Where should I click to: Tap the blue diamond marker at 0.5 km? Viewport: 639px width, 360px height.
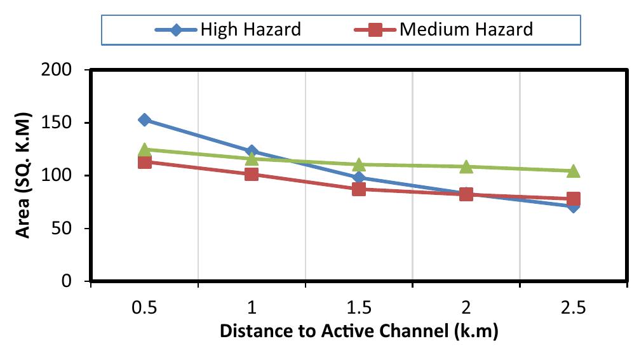tap(145, 119)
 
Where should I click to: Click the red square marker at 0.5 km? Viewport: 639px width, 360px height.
tap(145, 162)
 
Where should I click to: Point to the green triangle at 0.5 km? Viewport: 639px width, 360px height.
tap(145, 149)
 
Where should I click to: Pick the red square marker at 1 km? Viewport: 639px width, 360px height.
tap(252, 173)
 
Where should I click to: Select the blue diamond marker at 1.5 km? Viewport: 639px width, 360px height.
tap(359, 178)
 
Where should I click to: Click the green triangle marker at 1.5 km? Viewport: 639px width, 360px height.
tap(359, 164)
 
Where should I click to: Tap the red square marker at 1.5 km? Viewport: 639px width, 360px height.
tap(359, 189)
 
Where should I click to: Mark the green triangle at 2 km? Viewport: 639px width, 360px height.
tap(466, 166)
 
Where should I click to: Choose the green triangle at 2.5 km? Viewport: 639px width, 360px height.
tap(573, 171)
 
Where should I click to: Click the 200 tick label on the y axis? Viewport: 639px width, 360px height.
tap(64, 70)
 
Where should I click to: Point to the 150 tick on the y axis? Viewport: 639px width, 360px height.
tap(64, 123)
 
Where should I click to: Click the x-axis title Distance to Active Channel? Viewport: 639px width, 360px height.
tap(359, 331)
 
